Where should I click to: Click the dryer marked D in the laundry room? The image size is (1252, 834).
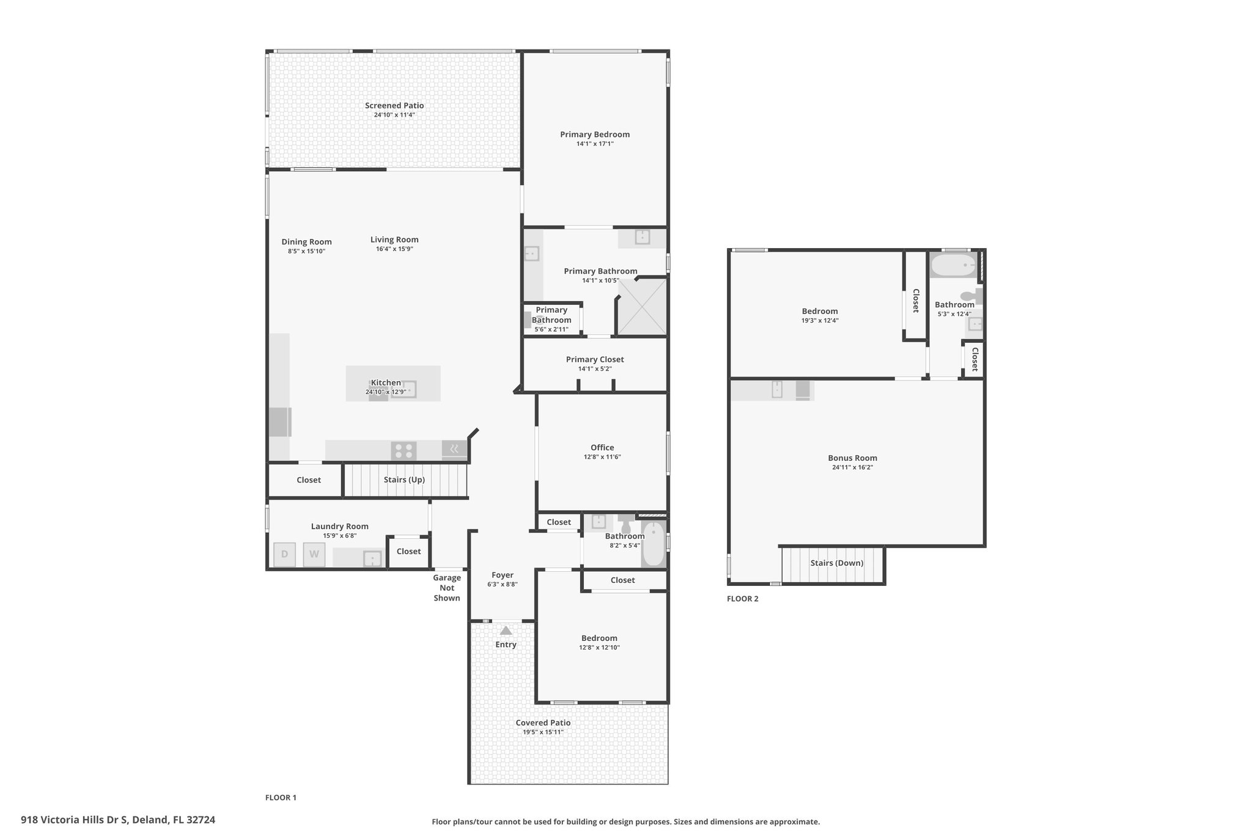click(284, 554)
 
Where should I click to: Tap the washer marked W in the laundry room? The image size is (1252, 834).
click(314, 554)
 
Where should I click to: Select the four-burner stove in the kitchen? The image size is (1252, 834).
click(403, 451)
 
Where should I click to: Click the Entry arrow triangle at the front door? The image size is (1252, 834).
click(506, 631)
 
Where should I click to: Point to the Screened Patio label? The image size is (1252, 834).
click(394, 106)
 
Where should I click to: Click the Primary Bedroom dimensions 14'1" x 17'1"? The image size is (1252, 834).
click(595, 144)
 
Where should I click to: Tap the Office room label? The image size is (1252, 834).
click(602, 448)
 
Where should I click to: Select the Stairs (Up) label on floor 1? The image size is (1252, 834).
click(404, 480)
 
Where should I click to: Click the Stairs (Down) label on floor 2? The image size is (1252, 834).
click(837, 563)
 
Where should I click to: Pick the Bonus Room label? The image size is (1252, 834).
click(852, 458)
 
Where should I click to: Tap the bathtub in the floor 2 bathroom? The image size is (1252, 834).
click(953, 266)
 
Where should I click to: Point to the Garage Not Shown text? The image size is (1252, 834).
click(447, 588)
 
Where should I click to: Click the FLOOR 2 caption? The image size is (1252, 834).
click(743, 599)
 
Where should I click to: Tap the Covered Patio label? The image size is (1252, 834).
click(543, 723)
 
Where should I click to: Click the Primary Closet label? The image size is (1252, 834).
click(595, 359)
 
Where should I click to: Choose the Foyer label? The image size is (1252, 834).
click(503, 575)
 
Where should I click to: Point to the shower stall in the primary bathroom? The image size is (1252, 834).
click(642, 306)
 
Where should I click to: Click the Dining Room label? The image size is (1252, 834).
click(306, 242)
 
